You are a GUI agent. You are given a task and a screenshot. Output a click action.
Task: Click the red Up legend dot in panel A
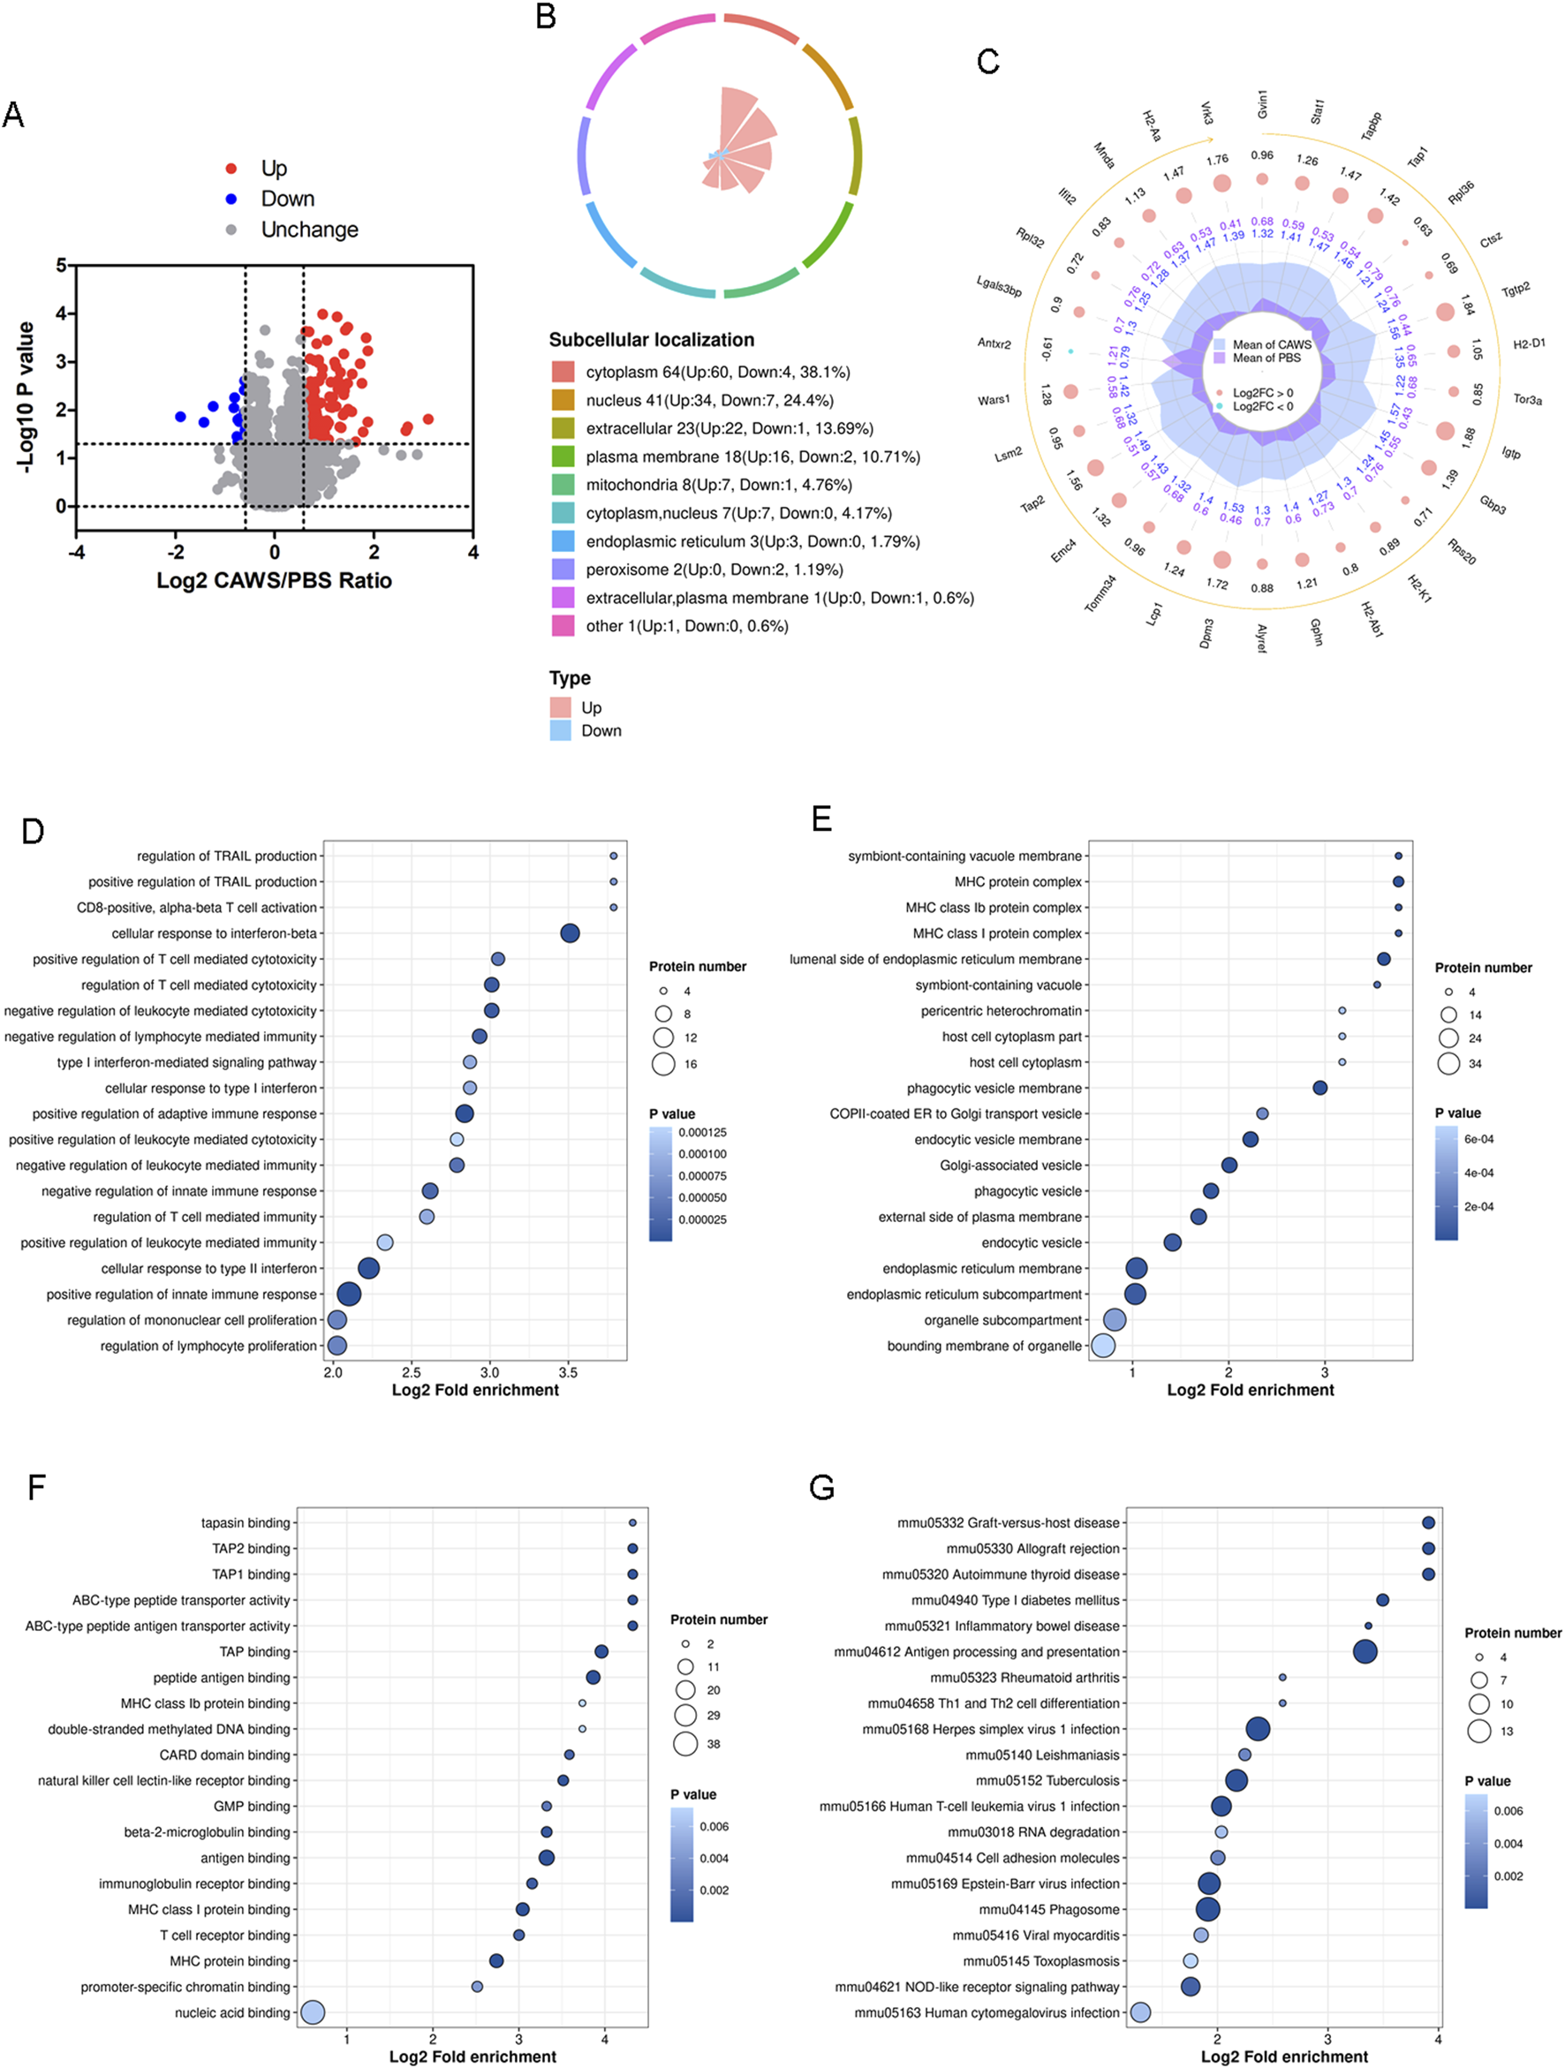231,169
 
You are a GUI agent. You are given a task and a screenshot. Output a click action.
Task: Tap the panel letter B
546,17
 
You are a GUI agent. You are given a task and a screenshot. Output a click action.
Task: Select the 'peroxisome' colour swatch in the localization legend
563,570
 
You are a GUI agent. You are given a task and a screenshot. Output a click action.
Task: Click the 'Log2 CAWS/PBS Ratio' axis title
274,580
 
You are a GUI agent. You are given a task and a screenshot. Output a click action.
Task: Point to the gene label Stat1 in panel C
1316,112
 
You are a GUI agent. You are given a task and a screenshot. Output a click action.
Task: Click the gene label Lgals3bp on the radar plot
999,286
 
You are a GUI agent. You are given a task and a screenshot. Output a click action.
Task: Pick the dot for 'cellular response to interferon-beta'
570,933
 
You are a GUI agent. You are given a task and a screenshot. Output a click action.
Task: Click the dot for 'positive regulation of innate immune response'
349,1294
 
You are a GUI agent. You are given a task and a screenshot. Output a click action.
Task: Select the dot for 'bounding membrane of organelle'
1103,1346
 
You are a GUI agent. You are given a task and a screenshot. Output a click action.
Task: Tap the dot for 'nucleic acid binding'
314,2011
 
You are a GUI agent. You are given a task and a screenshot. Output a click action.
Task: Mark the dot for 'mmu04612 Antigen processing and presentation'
1365,1652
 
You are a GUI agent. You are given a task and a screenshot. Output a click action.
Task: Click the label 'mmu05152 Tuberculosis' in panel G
1047,1781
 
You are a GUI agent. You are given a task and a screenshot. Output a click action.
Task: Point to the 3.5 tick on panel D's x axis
568,1373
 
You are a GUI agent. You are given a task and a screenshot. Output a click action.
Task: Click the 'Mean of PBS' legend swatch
1219,359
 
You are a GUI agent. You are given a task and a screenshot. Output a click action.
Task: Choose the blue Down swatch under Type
561,730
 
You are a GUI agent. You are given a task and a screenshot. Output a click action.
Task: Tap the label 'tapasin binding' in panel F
245,1523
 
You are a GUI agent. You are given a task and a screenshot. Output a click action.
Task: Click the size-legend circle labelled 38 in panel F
685,1744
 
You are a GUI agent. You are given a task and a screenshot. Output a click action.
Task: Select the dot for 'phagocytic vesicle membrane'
1320,1087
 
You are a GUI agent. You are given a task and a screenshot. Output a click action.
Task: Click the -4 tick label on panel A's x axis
77,553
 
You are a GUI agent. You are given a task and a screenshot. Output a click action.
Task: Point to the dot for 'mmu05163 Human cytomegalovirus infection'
1139,2011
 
